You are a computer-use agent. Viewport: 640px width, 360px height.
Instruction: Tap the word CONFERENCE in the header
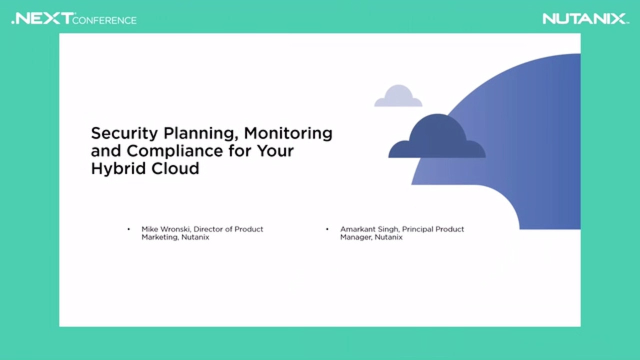tap(104, 20)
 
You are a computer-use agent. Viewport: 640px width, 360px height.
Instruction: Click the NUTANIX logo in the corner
tap(585, 18)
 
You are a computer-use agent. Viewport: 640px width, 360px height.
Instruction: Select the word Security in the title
tap(124, 133)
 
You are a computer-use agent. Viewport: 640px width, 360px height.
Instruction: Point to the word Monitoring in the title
tap(288, 133)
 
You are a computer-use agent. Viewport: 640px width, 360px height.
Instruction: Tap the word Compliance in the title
tap(174, 151)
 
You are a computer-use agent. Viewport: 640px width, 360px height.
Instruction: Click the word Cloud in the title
tap(175, 168)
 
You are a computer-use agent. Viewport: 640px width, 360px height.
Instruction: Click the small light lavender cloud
tap(398, 95)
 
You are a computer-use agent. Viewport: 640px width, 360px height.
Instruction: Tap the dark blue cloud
tap(437, 136)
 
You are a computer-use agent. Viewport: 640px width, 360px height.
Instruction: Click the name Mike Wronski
tap(167, 229)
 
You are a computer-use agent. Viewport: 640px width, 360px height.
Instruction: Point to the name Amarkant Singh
tap(369, 229)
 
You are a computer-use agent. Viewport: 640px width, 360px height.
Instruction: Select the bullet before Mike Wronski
tap(128, 229)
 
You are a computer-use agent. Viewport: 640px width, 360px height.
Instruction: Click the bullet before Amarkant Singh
tap(327, 229)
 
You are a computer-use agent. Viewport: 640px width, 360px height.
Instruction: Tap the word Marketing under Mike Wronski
tap(160, 237)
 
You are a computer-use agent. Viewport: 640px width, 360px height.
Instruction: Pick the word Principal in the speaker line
tap(417, 229)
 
